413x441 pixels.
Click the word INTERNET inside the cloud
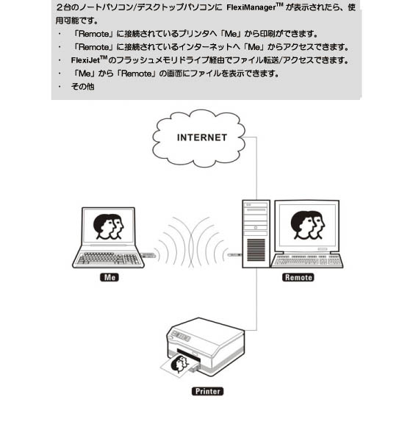[202, 137]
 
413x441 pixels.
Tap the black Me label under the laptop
[109, 277]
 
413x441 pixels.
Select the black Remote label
[298, 277]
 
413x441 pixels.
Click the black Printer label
[207, 391]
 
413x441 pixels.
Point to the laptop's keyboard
[108, 258]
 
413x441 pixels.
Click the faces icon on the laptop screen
[109, 226]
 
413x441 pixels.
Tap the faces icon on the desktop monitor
[308, 226]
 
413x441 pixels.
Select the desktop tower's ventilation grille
[256, 250]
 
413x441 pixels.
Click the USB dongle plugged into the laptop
[148, 255]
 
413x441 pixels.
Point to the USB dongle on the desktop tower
[235, 255]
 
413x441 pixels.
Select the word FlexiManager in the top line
[251, 7]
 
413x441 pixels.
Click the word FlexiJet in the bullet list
[85, 60]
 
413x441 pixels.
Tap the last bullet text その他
[82, 87]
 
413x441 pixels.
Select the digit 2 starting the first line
[60, 7]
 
